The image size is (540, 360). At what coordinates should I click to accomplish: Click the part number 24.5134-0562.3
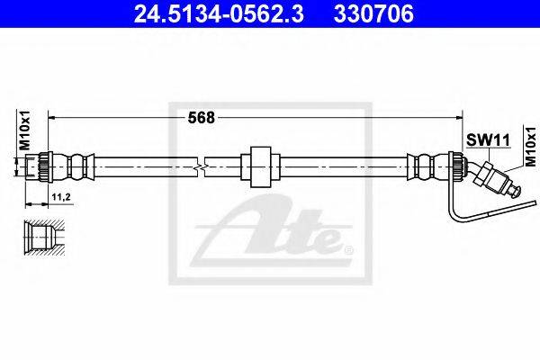pyautogui.click(x=219, y=13)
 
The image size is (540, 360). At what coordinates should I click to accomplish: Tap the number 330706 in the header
pyautogui.click(x=373, y=13)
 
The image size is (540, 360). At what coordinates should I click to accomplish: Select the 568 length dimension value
pyautogui.click(x=201, y=118)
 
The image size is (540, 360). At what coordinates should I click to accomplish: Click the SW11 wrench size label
pyautogui.click(x=488, y=140)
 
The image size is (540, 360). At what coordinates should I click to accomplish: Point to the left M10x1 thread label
pyautogui.click(x=24, y=130)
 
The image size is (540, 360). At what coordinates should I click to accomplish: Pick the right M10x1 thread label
pyautogui.click(x=530, y=147)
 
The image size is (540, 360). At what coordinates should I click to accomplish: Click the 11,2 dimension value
pyautogui.click(x=61, y=197)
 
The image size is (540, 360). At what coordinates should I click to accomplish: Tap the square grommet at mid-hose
pyautogui.click(x=260, y=166)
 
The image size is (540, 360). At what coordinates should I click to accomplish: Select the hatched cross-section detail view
pyautogui.click(x=44, y=238)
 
